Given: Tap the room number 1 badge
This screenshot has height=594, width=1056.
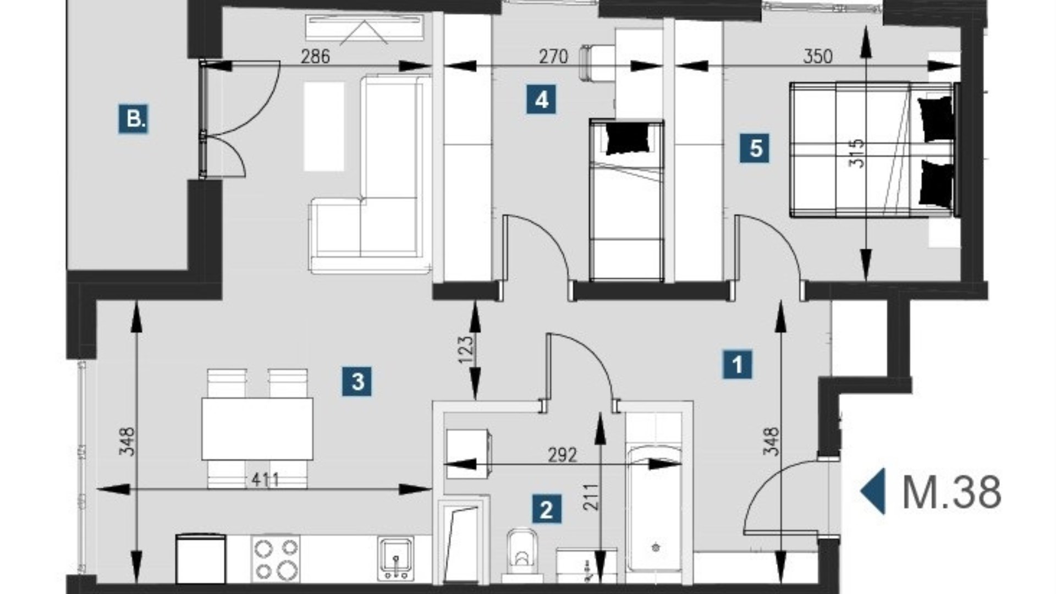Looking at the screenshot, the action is (737, 364).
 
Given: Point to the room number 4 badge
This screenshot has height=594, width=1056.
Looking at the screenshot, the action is (541, 100).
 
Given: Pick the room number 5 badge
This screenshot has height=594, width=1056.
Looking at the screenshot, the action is (755, 148).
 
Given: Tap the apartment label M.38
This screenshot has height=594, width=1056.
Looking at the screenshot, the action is (952, 492).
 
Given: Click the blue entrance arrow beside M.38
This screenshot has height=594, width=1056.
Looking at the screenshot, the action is (873, 491).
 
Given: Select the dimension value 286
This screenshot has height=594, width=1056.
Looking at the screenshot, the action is (315, 56).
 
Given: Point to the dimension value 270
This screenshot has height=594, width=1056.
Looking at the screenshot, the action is (553, 56).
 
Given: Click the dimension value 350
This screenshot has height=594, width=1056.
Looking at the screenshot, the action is (818, 56).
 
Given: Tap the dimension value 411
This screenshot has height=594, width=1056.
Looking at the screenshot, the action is (265, 480).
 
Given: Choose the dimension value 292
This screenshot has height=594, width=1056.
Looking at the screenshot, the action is (563, 455).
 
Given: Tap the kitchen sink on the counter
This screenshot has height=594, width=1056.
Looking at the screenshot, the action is (395, 558).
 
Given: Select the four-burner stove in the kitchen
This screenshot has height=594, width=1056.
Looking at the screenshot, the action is (276, 558).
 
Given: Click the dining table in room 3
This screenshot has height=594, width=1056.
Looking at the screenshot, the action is (257, 429).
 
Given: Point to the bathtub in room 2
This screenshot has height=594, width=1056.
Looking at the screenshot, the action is (654, 509).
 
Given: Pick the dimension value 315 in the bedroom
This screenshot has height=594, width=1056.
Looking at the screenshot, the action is (857, 153).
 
